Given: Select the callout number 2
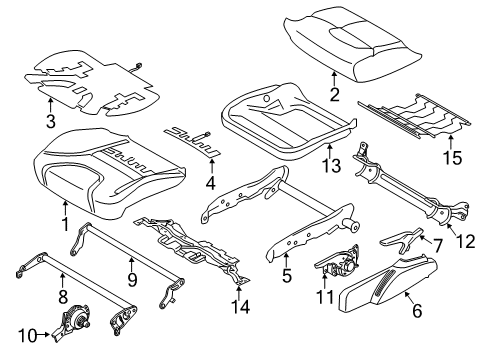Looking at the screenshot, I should pyautogui.click(x=335, y=97).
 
